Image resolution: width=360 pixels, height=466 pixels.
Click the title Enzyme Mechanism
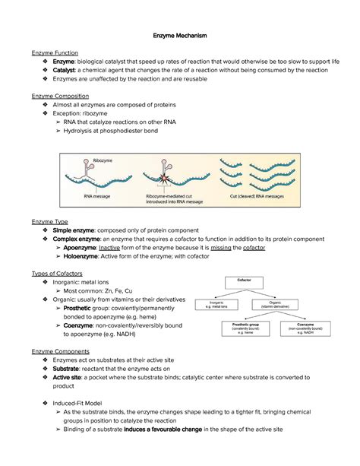tap(179, 36)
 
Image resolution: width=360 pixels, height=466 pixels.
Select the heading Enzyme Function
tap(55, 50)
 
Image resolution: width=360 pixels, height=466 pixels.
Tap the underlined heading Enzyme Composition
tap(60, 97)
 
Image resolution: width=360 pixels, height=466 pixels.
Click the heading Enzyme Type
tap(50, 220)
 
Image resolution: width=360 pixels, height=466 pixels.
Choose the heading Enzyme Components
tap(60, 352)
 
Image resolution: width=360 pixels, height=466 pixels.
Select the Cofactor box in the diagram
tap(264, 281)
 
